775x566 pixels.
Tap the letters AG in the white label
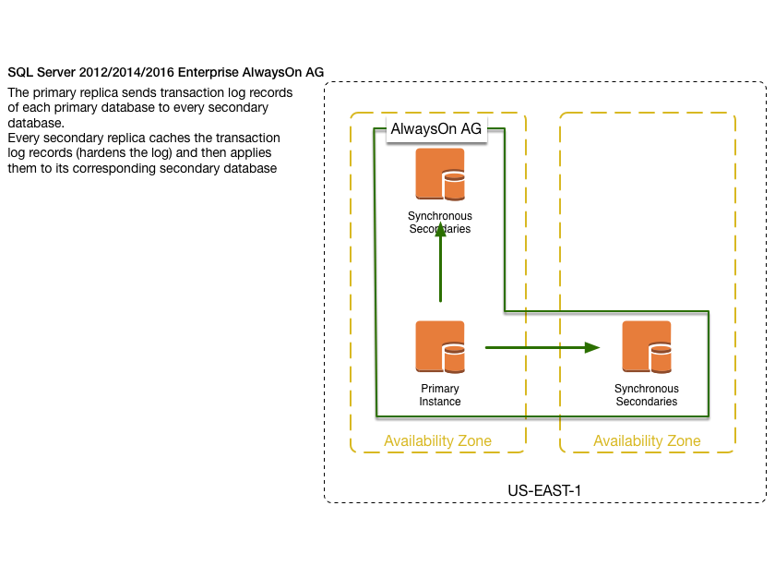471,130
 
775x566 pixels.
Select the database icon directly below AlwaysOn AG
439,174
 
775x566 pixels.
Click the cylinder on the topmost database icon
453,185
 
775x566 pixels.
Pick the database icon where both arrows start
439,346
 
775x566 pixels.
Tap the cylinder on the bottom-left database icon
453,357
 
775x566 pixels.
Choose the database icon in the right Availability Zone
646,346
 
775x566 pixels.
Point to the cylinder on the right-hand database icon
661,357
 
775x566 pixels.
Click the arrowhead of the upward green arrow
440,227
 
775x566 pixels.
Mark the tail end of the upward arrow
440,301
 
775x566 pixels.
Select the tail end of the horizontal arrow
486,347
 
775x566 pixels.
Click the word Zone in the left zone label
471,441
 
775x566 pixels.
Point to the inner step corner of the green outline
505,311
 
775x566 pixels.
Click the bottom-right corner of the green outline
708,415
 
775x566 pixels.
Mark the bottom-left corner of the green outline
376,415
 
